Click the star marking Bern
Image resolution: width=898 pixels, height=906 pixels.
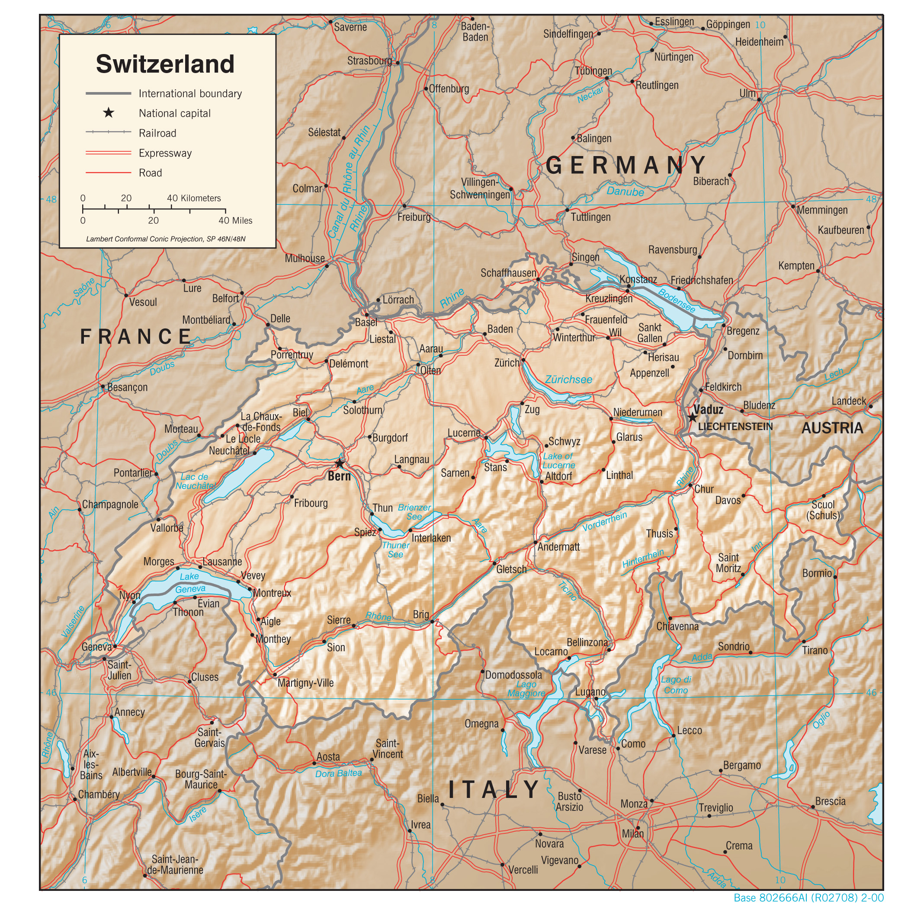(339, 464)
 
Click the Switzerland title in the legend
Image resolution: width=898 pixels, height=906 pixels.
(165, 64)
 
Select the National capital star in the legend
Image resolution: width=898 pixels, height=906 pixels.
(109, 113)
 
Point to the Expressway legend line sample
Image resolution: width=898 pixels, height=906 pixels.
(109, 153)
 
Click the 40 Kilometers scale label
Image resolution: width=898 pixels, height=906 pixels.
(194, 198)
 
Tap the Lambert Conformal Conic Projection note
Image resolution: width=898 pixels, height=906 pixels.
(166, 239)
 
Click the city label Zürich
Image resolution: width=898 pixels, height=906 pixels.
(507, 363)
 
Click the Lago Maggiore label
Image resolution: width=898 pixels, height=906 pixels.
(526, 689)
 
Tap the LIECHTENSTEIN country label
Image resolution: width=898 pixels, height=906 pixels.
(735, 426)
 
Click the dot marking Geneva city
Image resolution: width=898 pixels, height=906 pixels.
(115, 646)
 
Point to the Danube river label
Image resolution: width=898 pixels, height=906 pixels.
(625, 191)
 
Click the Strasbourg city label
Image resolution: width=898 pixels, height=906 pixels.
(369, 61)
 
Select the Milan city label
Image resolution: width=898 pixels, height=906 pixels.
(632, 833)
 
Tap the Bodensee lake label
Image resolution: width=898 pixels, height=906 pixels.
(676, 300)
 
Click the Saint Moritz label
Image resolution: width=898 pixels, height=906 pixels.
(728, 563)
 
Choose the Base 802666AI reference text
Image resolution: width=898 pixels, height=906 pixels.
(808, 897)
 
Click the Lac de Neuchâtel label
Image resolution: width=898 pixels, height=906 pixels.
(195, 481)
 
